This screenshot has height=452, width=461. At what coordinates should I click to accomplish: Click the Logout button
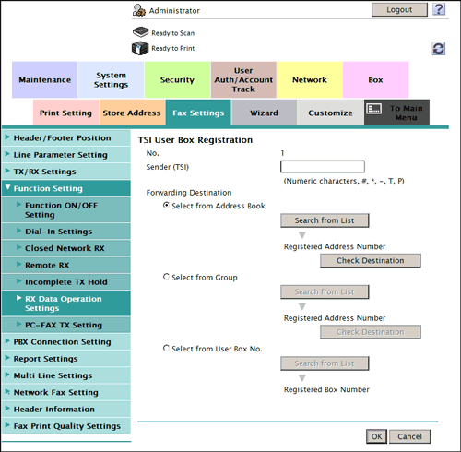point(399,10)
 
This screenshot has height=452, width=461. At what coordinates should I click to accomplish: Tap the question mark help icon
point(439,9)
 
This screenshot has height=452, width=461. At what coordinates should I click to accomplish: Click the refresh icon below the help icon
point(439,49)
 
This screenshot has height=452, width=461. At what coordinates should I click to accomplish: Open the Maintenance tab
point(45,80)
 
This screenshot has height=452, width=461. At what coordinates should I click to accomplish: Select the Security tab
point(177,80)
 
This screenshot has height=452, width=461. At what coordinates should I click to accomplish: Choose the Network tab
point(310,80)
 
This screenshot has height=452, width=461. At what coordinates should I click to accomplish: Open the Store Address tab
point(132,113)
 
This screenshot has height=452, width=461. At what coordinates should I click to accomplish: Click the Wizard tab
point(264,113)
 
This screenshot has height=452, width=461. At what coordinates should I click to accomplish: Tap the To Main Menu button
point(396,113)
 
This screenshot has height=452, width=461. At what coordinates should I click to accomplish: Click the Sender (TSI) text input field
point(323,167)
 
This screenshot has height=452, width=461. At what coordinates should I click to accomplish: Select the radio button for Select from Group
point(166,277)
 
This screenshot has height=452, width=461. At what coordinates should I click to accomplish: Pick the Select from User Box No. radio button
point(166,348)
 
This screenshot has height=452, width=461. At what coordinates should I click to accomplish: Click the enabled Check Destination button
point(371,260)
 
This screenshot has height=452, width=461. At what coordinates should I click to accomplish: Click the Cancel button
point(409,436)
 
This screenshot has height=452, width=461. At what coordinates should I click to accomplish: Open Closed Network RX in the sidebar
point(65,248)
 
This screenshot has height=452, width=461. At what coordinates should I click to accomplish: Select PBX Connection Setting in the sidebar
point(62,342)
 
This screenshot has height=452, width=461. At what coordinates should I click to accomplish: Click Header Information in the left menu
point(54,410)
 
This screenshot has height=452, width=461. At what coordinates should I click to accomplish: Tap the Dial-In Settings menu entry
point(58,232)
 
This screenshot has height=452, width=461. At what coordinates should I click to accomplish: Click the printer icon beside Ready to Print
point(140,48)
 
